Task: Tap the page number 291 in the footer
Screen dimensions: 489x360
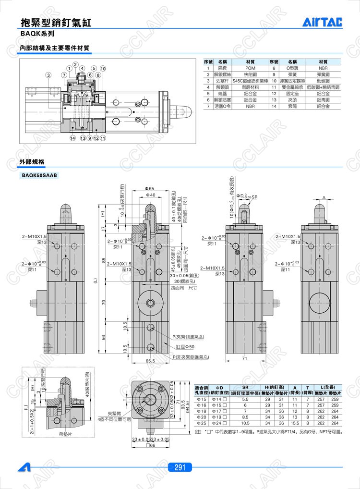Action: tap(180, 467)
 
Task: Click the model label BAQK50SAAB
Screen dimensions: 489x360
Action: tap(39, 176)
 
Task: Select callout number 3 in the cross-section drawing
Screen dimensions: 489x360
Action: tap(49, 75)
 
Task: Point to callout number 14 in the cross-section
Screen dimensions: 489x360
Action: tap(72, 138)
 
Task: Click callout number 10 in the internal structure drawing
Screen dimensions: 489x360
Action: tap(103, 68)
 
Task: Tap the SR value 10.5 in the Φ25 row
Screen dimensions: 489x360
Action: tap(245, 423)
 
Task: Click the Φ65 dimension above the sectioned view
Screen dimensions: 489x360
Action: tap(149, 188)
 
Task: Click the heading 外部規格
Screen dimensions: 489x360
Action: tap(31, 163)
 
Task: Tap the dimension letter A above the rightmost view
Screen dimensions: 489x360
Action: tap(324, 197)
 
